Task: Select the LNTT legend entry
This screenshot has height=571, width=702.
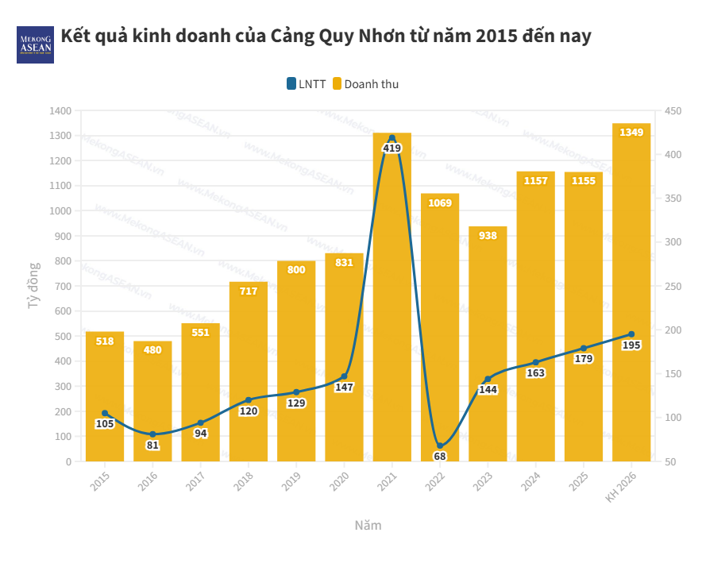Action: point(307,84)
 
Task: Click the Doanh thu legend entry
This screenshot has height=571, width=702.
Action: point(365,84)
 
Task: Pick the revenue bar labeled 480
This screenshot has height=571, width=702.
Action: point(152,405)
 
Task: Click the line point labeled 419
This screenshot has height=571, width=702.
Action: point(391,138)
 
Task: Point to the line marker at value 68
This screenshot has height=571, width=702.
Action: point(439,446)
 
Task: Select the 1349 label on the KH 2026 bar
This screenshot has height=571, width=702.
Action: point(631,132)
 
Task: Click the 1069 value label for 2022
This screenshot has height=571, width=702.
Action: point(439,203)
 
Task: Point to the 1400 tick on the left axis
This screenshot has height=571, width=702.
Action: point(60,110)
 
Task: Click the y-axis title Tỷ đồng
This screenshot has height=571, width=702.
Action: point(33,285)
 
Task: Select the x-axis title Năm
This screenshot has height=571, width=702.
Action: point(368,526)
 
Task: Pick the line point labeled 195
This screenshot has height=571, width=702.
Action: point(631,334)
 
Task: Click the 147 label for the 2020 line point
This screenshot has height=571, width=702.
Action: point(344,387)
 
